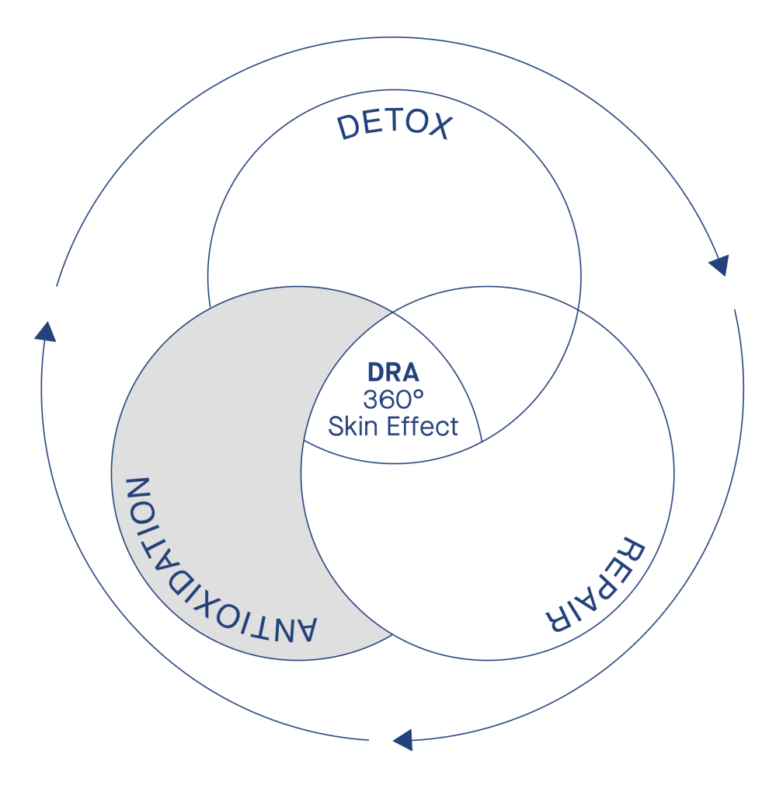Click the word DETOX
point(395,125)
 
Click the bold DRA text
point(393,372)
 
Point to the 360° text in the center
point(393,399)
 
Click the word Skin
point(354,426)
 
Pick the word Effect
point(423,426)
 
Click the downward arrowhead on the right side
point(720,264)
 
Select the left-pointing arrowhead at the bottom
point(403,740)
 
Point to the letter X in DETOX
point(440,127)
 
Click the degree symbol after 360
point(419,393)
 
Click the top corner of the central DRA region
point(393,312)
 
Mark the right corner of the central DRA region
point(482,442)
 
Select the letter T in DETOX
point(394,122)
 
